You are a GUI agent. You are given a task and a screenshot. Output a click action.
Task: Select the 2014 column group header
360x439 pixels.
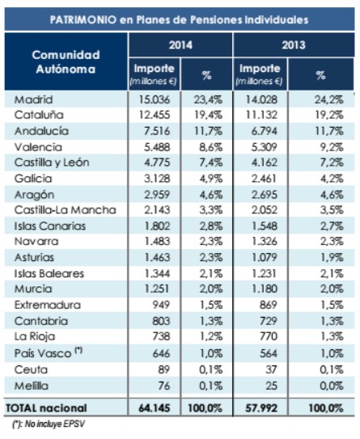(180, 47)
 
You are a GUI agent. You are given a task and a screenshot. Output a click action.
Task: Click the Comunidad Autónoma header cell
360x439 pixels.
(65, 61)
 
